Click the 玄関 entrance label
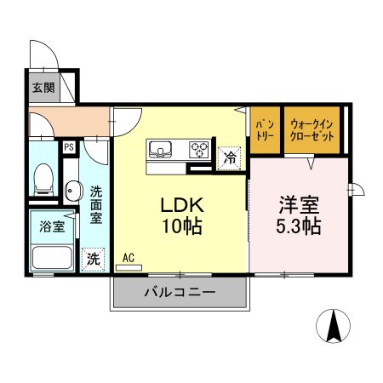click(x=43, y=87)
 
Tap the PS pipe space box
click(x=68, y=146)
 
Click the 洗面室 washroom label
click(x=96, y=205)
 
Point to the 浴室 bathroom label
click(x=53, y=226)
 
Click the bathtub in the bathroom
click(x=53, y=256)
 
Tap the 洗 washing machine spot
click(x=91, y=256)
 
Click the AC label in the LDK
click(x=129, y=256)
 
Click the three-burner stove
click(x=200, y=150)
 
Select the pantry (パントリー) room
click(x=264, y=130)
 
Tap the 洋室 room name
click(x=300, y=206)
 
